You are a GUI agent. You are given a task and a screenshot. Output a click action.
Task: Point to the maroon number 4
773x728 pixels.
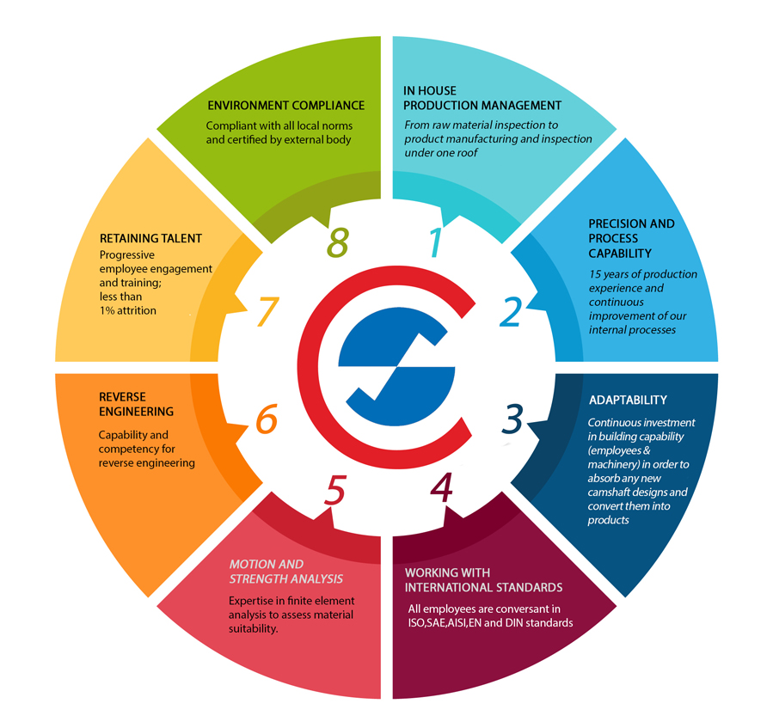[x=441, y=487]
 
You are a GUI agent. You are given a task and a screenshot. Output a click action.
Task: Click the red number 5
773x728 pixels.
[x=336, y=490]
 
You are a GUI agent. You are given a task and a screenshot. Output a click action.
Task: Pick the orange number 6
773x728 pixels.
[x=266, y=420]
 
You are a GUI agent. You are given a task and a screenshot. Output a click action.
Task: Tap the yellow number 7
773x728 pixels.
[x=266, y=312]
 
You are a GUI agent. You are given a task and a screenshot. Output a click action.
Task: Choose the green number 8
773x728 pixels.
[x=337, y=243]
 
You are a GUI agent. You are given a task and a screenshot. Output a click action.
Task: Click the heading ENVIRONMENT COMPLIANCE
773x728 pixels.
[x=286, y=106]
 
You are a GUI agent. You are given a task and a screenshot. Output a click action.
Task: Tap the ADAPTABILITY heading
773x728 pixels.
[x=628, y=401]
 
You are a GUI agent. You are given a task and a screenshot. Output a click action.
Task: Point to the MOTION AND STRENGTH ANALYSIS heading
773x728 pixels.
[x=285, y=572]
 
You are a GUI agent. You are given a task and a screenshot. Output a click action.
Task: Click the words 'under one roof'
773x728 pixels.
[x=448, y=152]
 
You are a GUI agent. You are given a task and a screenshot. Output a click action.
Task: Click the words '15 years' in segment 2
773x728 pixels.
[x=610, y=274]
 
